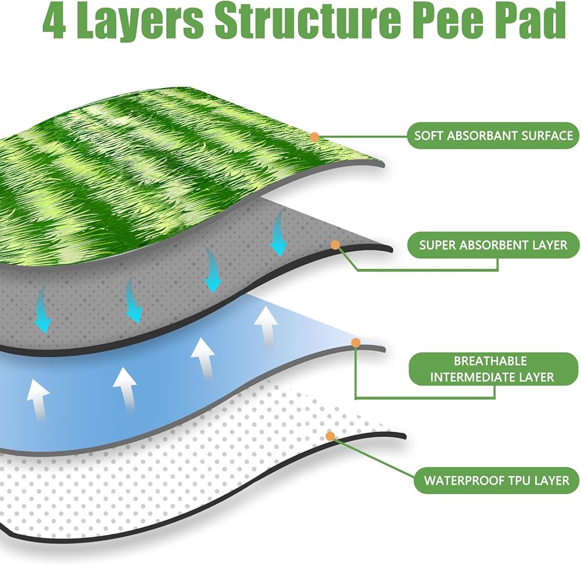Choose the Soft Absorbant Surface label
493,135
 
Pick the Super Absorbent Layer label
493,244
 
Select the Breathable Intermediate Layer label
493,369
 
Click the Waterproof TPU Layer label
497,480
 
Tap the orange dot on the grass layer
314,137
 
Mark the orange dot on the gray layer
335,244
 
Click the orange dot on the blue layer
356,343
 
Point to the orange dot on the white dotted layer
331,436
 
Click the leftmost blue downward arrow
42,310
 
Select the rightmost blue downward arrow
279,232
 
